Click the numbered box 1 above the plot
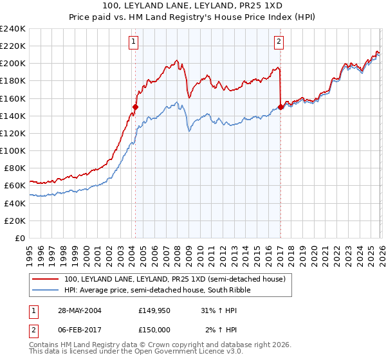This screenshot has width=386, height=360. point(133,42)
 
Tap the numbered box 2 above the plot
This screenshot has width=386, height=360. point(279,42)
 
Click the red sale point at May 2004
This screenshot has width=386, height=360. point(136,107)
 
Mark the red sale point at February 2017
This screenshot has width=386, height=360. point(281,107)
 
